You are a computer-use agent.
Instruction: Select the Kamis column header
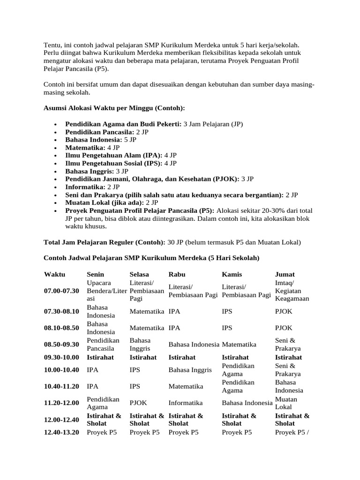232,274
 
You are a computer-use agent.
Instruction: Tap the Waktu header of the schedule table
55,274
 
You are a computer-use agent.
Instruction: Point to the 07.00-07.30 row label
62,291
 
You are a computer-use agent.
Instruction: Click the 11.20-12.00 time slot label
62,403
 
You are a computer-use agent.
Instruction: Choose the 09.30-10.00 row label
62,357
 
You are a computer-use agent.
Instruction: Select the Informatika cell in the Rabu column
185,403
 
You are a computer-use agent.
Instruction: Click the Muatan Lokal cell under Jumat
286,403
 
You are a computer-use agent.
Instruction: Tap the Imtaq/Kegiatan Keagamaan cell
292,291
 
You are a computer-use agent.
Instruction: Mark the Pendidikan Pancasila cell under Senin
103,344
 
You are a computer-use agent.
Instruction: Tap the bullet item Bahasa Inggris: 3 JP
97,171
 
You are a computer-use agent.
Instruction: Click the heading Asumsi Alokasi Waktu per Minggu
114,108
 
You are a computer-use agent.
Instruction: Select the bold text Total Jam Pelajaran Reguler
104,242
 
